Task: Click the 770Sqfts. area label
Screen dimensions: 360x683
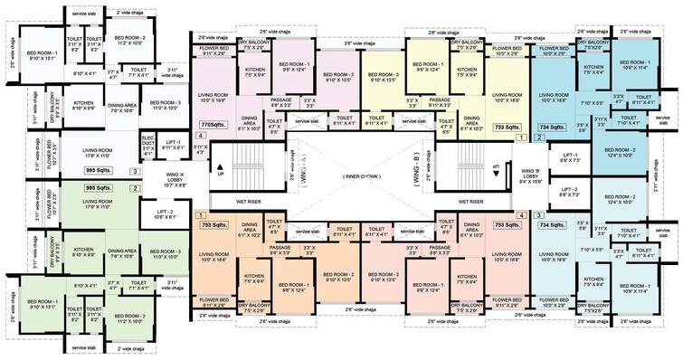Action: (210, 124)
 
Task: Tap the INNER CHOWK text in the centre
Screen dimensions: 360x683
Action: (346, 175)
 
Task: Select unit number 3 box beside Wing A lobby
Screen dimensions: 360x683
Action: (136, 169)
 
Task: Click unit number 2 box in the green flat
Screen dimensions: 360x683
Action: (136, 187)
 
